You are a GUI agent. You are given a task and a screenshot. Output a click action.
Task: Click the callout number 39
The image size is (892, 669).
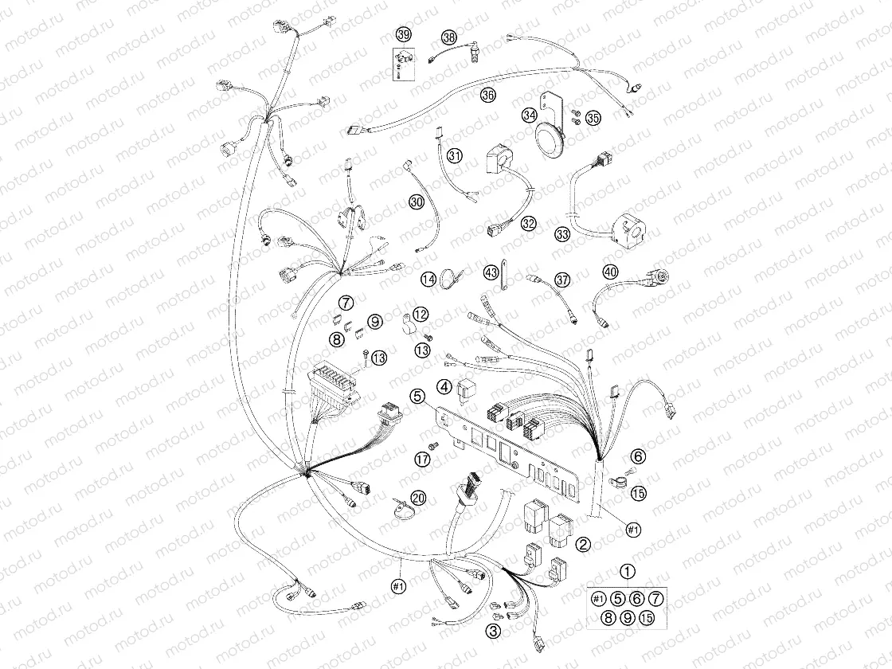click(403, 35)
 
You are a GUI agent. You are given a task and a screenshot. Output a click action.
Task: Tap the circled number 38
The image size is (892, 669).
click(449, 38)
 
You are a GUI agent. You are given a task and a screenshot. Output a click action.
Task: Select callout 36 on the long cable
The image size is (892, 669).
click(487, 95)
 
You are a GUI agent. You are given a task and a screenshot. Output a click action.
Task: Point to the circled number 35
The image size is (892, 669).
click(593, 119)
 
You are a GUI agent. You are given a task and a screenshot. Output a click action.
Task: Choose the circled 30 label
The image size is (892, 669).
click(417, 201)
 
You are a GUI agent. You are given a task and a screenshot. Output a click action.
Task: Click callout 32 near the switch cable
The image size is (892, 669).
click(529, 224)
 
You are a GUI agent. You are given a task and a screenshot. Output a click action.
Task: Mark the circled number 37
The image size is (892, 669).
click(562, 280)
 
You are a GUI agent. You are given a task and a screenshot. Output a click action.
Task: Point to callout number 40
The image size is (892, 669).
click(610, 272)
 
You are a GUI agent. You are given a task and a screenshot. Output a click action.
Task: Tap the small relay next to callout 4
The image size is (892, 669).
click(464, 389)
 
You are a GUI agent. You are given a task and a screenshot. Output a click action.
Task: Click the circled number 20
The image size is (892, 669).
click(419, 499)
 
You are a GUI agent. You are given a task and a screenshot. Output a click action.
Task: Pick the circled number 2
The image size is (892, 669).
click(583, 545)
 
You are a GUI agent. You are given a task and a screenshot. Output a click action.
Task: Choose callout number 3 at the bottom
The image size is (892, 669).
click(493, 630)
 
